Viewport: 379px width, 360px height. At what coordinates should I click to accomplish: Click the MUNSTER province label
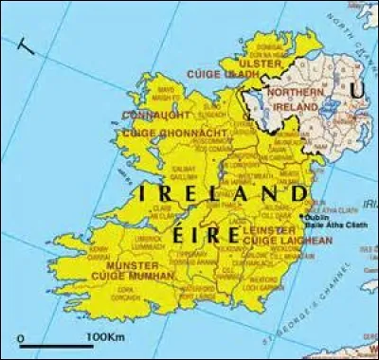point(134,266)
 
